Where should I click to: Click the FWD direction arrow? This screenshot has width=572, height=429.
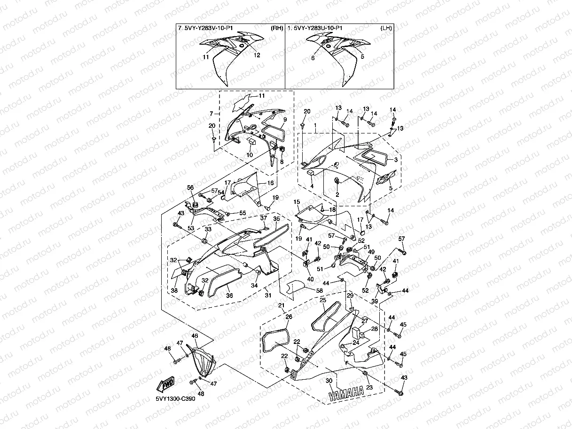pos(165,384)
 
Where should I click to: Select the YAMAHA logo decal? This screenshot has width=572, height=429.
pos(346,393)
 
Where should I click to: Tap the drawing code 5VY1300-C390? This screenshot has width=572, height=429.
pos(175,399)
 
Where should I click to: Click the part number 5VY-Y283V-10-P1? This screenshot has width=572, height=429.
pos(209,28)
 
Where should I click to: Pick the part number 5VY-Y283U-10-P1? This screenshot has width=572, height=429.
pos(318,28)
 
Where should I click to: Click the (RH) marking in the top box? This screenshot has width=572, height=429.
pos(277,28)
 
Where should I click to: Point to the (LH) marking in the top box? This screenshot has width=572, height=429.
pos(386,28)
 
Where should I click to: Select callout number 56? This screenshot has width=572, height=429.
pos(190,187)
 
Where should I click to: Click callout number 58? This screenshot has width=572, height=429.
pos(319,290)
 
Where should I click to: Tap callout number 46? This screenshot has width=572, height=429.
pos(195,336)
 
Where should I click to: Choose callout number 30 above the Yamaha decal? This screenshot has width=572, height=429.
pos(329,381)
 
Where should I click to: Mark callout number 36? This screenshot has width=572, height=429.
pos(229,296)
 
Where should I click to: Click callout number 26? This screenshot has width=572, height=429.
pos(289,317)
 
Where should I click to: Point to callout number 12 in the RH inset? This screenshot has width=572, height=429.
pos(257,55)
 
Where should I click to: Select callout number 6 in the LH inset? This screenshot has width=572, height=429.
pos(313,58)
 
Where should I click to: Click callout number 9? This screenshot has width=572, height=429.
pos(285,119)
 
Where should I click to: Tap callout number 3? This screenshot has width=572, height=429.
pos(396,159)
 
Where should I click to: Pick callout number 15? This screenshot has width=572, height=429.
pos(297,202)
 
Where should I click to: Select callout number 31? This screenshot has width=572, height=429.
pos(268,295)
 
